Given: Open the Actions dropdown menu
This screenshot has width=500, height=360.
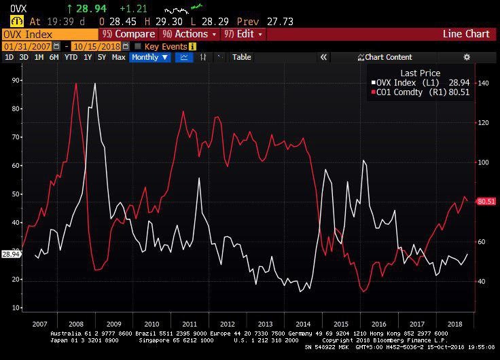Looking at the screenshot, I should click(187, 34).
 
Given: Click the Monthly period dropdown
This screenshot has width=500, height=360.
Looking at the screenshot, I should click(149, 57).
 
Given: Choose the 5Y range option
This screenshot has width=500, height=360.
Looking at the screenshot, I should click(102, 57).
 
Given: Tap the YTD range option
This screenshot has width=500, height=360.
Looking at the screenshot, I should click(71, 57).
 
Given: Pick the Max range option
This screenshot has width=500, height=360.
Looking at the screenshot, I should click(118, 57).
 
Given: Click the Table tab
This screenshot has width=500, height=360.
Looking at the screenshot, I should click(241, 57).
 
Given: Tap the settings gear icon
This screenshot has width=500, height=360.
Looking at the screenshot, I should click(467, 57).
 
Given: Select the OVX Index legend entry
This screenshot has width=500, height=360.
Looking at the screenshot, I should click(405, 82).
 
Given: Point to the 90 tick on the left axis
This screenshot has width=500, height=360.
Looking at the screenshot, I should click(15, 80).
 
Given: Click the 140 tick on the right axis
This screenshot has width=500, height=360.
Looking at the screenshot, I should click(483, 83).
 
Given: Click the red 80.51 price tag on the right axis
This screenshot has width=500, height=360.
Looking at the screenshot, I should click(486, 201).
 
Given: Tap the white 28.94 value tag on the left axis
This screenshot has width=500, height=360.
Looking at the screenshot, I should click(10, 254).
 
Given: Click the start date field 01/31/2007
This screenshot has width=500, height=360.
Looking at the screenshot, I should click(27, 46).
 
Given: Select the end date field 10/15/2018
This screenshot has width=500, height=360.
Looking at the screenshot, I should click(94, 46).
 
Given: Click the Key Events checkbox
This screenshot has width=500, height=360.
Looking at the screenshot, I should click(138, 46).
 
